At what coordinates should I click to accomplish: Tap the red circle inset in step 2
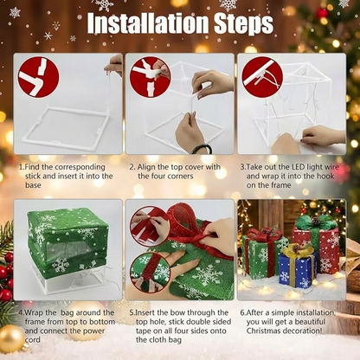150,76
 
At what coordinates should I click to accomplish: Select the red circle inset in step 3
262,76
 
